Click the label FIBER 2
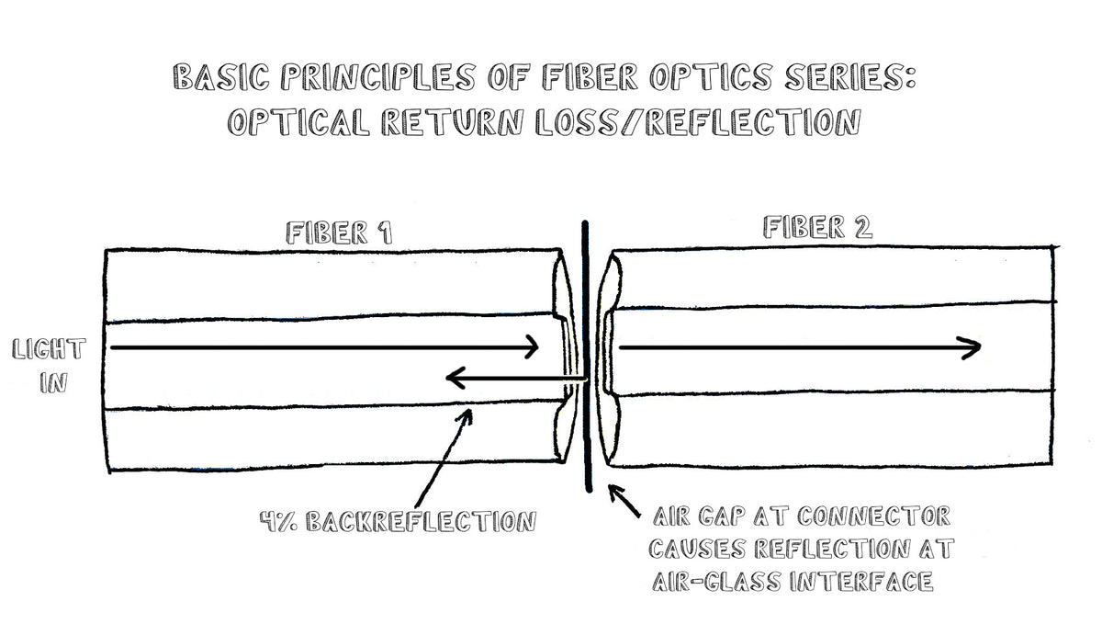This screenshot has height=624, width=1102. click(816, 227)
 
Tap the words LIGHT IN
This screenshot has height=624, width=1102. click(50, 366)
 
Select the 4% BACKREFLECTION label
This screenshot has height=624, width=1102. click(397, 522)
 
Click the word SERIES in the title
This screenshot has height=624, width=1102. click(830, 78)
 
